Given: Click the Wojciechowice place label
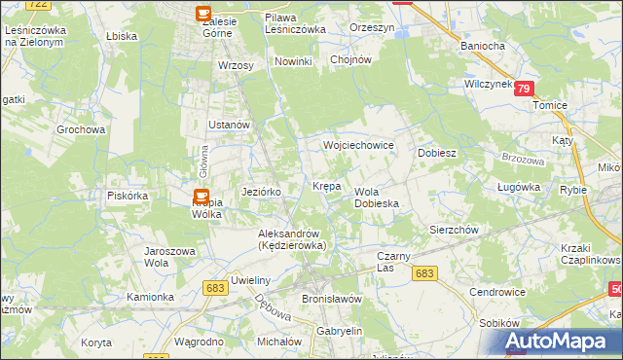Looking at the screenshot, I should [358, 145].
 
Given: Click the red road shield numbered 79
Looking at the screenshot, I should [525, 89].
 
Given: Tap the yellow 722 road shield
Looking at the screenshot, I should [39, 5].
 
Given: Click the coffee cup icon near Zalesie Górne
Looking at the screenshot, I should [203, 14].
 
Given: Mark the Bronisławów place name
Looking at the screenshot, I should [332, 299].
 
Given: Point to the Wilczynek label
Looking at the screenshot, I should [489, 85].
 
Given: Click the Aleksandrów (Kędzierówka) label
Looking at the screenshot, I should [291, 239].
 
